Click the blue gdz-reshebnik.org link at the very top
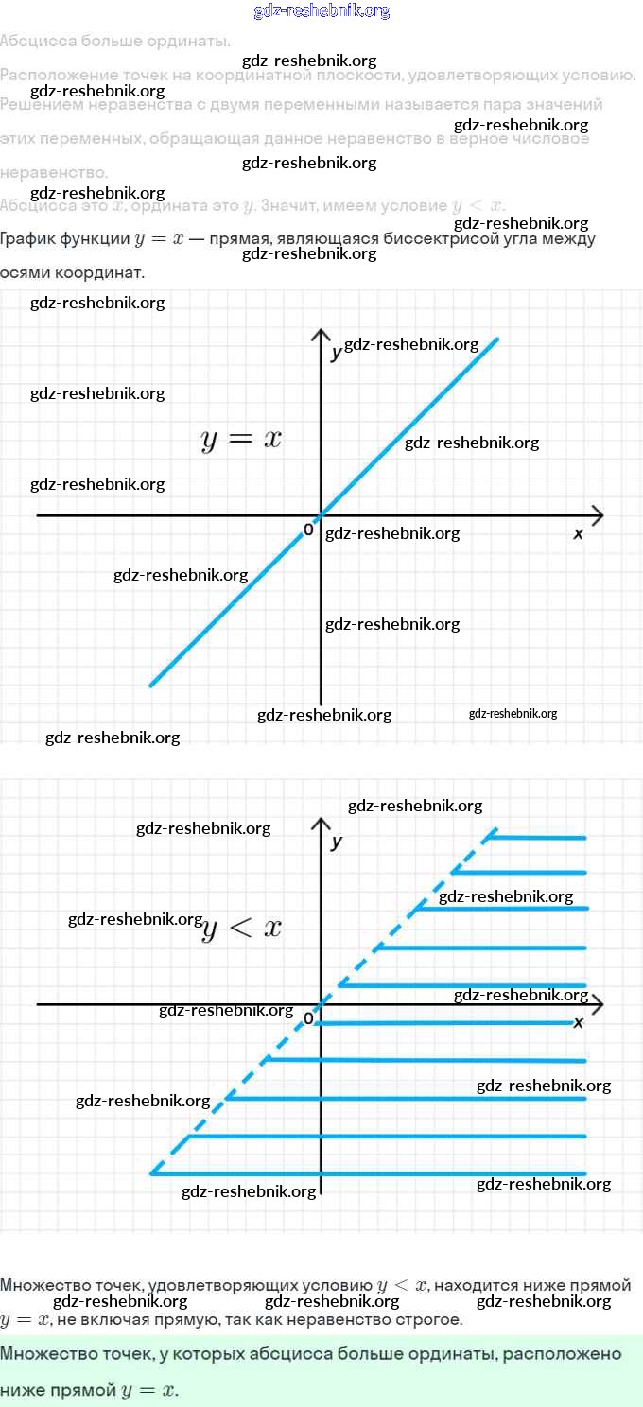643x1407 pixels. tap(321, 11)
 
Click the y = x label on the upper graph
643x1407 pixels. tap(241, 440)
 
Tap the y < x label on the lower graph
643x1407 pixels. tap(242, 929)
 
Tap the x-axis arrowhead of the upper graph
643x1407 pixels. tap(597, 515)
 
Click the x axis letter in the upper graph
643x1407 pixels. tap(579, 534)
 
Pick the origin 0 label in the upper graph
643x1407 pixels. tap(308, 530)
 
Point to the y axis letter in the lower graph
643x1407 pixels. tap(337, 842)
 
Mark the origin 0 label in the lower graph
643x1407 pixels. tap(307, 1018)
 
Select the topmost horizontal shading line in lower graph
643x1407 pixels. tap(537, 837)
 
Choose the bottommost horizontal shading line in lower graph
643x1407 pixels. tap(369, 1173)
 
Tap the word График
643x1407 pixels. tap(27, 239)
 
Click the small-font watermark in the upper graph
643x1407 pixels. tap(513, 714)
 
